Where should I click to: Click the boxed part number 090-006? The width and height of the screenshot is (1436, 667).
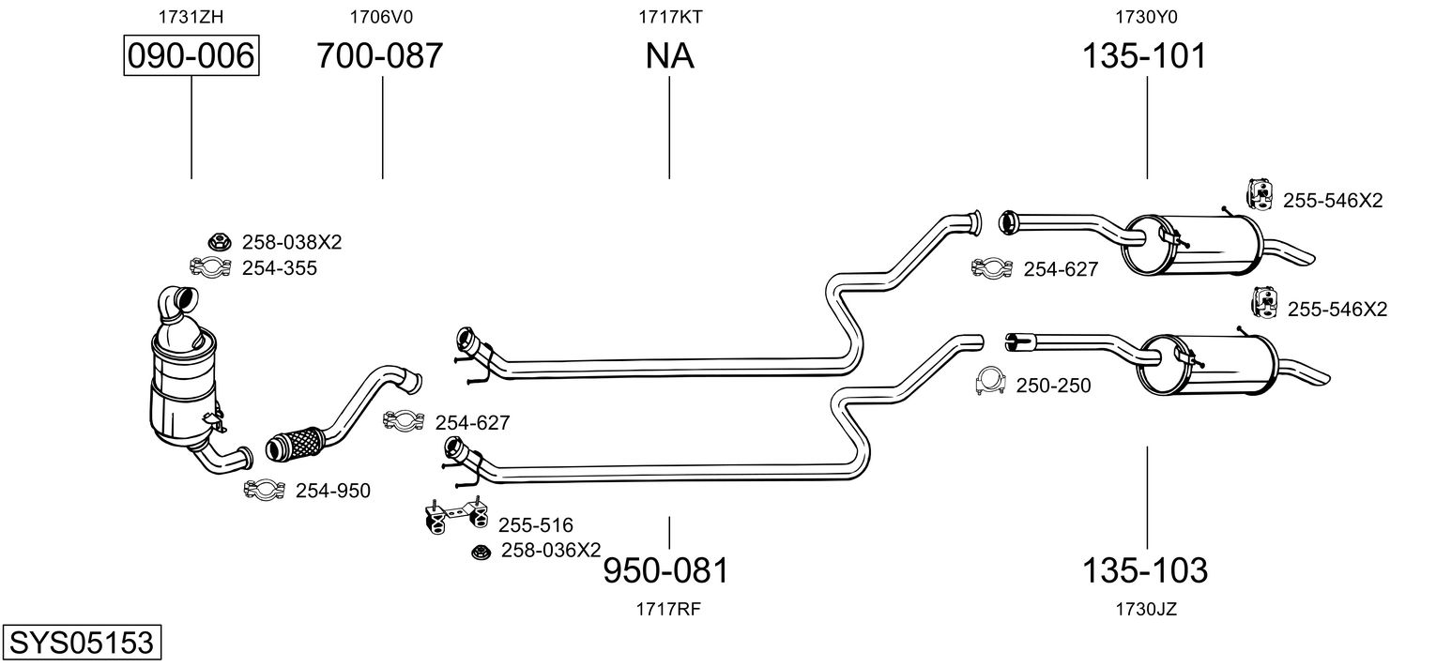pos(191,56)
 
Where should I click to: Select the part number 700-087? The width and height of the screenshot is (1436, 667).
pos(379,56)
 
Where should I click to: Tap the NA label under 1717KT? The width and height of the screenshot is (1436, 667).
pos(669,56)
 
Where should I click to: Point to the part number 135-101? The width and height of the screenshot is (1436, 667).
pos(1144,56)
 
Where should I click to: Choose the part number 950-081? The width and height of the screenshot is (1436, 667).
pos(665,569)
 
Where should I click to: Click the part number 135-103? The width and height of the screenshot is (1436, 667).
pos(1145,569)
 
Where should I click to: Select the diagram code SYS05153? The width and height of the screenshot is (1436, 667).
pos(81,644)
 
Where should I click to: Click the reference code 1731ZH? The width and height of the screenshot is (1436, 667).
pos(191,16)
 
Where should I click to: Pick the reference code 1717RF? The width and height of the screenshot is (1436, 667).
pos(668,609)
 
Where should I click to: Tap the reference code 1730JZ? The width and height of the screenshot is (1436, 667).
pos(1146,609)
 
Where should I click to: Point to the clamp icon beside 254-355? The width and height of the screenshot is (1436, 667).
pos(211,268)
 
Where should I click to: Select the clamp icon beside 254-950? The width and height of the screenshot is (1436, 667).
pos(264,490)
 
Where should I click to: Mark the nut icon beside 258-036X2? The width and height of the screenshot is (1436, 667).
pos(481,552)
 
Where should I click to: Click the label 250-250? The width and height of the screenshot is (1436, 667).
pos(1053,386)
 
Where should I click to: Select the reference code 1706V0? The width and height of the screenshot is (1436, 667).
pos(381,16)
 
